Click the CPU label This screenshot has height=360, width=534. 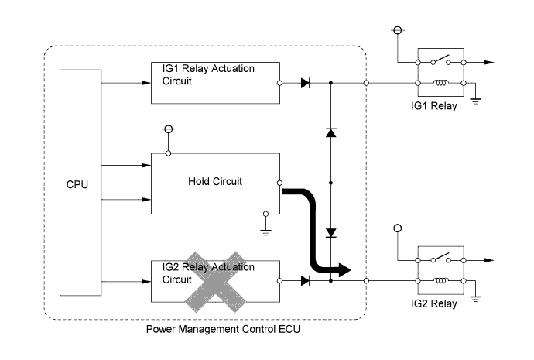tap(77, 184)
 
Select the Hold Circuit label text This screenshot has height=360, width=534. tap(215, 181)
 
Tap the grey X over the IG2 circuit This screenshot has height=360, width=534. tap(215, 282)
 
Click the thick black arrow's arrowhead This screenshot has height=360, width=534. tap(344, 270)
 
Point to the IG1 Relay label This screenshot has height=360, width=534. tap(433, 105)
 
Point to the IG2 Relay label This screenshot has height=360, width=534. tap(433, 303)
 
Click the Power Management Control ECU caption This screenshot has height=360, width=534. tap(223, 329)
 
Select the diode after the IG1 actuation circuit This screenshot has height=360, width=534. tap(306, 83)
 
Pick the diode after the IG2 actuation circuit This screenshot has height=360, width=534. tap(306, 281)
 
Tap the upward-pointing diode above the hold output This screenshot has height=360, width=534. tap(331, 132)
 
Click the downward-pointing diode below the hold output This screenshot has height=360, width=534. tap(331, 233)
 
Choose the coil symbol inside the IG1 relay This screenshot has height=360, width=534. tap(440, 83)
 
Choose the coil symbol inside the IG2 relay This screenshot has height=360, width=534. tap(440, 280)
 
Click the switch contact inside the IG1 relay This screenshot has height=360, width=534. tap(440, 60)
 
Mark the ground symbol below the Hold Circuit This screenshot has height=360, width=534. tap(265, 233)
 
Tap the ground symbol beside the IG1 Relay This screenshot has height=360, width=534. tap(475, 101)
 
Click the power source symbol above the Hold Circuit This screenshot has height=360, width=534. tap(169, 129)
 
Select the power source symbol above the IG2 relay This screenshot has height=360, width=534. tap(398, 228)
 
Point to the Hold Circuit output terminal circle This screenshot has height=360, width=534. tap(279, 183)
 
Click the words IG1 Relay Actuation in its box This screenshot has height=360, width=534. tap(208, 68)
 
